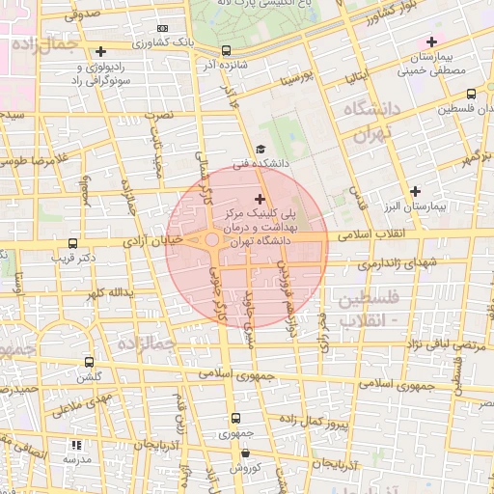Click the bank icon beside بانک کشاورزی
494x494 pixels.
162,29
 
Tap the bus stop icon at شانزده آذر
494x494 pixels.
226,50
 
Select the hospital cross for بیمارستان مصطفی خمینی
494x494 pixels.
431,41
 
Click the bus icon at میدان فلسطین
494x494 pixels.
470,95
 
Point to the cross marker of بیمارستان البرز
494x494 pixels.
416,191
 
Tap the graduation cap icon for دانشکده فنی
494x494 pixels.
261,149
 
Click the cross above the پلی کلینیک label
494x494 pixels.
259,198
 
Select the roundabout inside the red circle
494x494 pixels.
211,240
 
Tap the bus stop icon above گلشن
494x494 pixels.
90,362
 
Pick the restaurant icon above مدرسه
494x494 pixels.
76,445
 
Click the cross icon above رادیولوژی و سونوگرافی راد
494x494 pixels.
101,51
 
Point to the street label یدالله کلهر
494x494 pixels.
106,291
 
